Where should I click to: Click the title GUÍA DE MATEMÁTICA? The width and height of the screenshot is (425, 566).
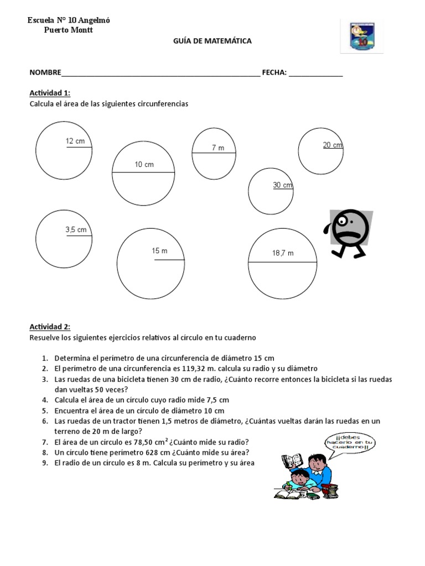(212, 41)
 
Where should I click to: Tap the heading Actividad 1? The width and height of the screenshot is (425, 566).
(50, 92)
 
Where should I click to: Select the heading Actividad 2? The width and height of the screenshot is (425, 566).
(50, 327)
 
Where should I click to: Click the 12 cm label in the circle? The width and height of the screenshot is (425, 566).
(75, 141)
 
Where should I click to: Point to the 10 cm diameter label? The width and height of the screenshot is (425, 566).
(144, 165)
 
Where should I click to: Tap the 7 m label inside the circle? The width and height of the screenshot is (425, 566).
(217, 148)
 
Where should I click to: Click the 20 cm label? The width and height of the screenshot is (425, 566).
(333, 145)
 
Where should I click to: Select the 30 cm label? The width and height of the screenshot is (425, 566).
(282, 185)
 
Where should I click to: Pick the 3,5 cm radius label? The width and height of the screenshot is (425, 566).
(76, 229)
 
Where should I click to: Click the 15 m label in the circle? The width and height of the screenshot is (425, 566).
(159, 251)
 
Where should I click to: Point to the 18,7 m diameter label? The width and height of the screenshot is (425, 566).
(282, 253)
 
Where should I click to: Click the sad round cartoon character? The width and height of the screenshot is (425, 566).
(349, 233)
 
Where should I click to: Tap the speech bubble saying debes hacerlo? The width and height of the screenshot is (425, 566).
(350, 447)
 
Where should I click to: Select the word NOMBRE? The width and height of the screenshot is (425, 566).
(45, 72)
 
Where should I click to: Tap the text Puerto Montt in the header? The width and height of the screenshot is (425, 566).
(68, 30)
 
